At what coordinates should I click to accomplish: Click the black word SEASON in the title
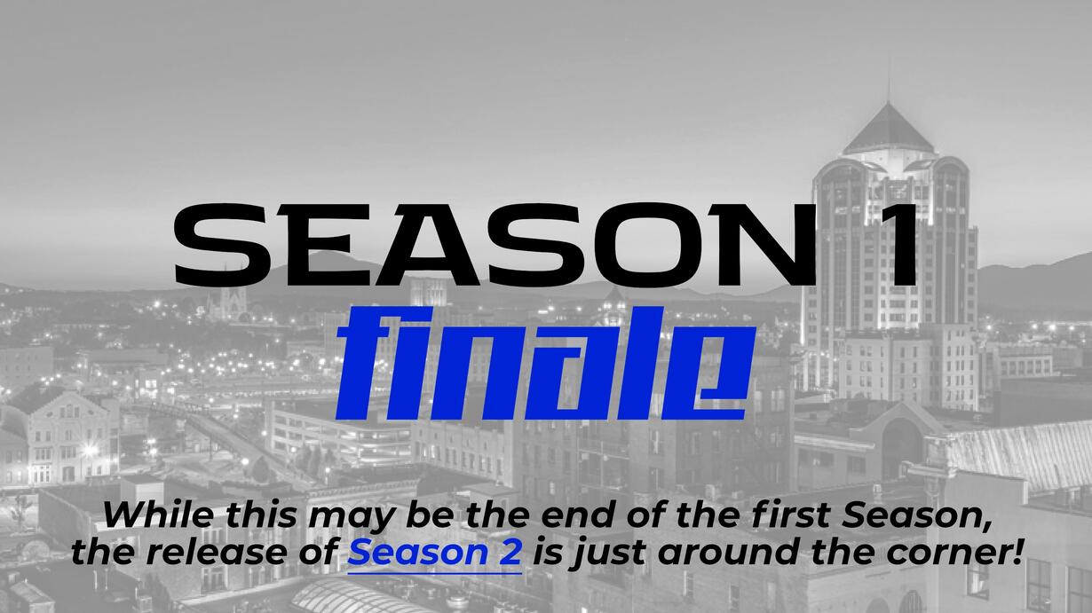495,245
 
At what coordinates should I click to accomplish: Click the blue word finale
546,364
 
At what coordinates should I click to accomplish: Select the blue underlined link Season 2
434,552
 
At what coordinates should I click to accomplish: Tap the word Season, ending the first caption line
916,515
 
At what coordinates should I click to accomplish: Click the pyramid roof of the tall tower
888,130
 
